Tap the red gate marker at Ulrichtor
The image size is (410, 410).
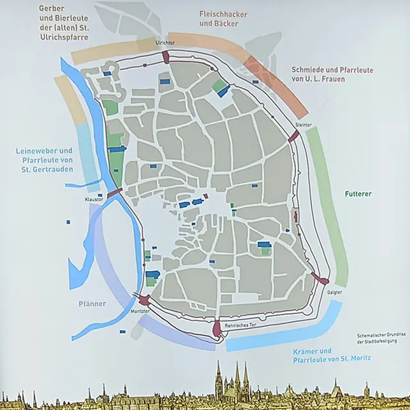click(x=166, y=57)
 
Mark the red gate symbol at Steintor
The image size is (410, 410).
click(x=293, y=136)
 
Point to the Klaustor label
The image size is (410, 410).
click(x=94, y=199)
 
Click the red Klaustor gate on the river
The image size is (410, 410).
click(x=115, y=192)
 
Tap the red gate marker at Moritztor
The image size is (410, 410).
click(x=144, y=299)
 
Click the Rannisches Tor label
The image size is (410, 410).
click(x=240, y=325)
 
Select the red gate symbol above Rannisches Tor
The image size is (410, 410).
click(x=217, y=329)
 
